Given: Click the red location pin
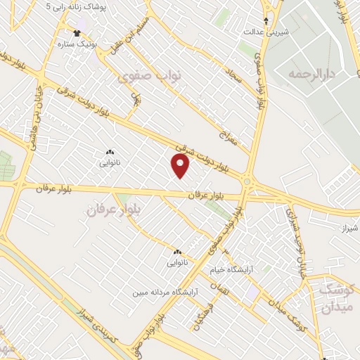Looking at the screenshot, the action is coord(181,166).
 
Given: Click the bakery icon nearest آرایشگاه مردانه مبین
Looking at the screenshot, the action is coord(176,252).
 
